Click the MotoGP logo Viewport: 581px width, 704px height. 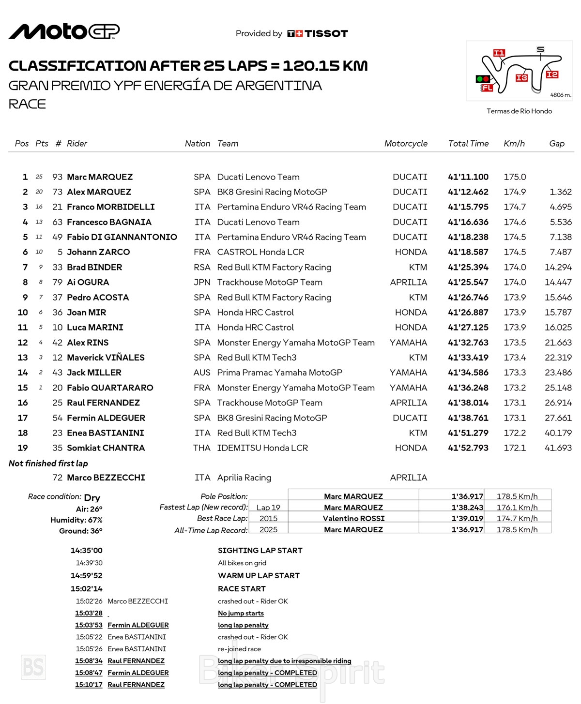[64, 32]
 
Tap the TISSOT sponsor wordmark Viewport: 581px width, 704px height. [326, 33]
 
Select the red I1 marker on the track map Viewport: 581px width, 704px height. [499, 53]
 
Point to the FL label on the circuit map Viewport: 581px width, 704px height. [487, 88]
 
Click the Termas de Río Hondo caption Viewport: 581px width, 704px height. [519, 111]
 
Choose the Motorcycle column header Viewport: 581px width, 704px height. [406, 144]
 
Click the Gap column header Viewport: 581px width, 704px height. [557, 144]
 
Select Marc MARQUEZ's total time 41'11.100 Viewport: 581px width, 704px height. [468, 177]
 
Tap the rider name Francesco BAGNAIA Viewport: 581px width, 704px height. [109, 222]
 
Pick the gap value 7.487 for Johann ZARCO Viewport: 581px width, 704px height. [560, 252]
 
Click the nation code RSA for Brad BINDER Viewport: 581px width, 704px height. [202, 267]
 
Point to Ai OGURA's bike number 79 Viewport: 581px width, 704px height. [57, 282]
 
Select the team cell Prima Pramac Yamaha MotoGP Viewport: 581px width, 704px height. [279, 373]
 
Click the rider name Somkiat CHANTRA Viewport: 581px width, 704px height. [106, 448]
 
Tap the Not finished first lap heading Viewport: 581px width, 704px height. [48, 464]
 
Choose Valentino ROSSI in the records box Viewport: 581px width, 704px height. [353, 519]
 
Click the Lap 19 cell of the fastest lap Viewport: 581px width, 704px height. [268, 508]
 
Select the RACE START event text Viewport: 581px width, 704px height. [242, 589]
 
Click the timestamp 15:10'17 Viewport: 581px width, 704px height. [89, 685]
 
